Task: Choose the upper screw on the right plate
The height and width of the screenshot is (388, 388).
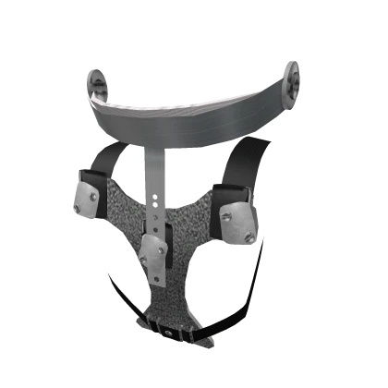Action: coord(228,216)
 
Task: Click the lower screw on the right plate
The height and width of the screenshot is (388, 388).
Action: coord(248,238)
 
